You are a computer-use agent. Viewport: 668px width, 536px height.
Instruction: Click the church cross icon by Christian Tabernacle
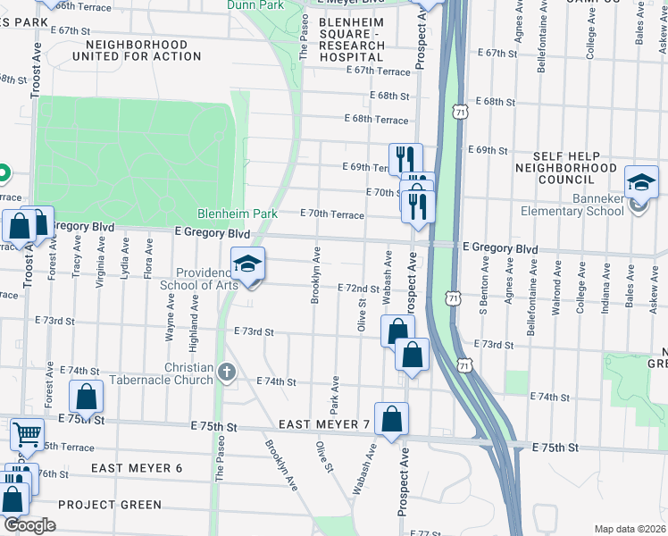(x=227, y=371)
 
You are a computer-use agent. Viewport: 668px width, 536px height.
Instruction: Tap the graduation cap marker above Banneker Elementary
(x=641, y=183)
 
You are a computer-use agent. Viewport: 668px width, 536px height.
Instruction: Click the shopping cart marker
(x=27, y=434)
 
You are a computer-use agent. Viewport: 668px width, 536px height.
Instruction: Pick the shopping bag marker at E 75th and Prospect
(x=391, y=418)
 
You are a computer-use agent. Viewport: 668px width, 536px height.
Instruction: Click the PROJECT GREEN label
(x=110, y=505)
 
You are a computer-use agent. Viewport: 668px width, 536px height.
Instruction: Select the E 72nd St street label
(x=357, y=289)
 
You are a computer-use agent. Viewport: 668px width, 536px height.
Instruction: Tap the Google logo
(x=29, y=525)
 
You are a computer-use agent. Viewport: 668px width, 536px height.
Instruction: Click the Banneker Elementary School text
(x=573, y=212)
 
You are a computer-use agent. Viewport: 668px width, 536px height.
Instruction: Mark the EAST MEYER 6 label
(x=137, y=468)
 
